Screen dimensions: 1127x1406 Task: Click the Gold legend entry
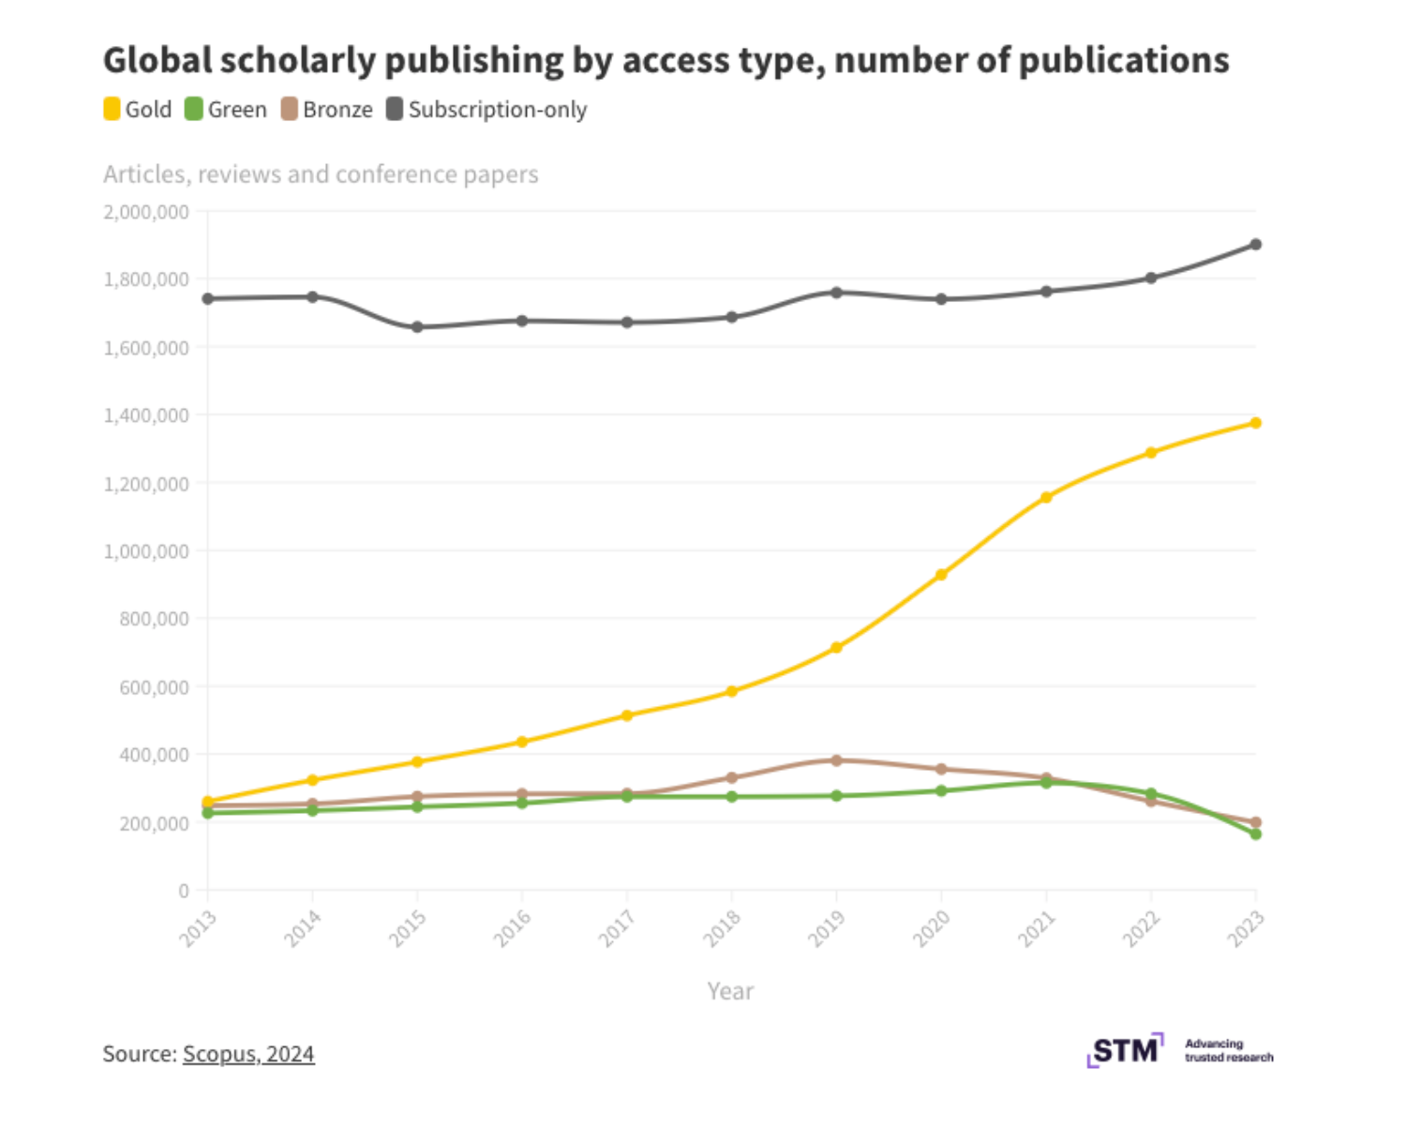click(138, 110)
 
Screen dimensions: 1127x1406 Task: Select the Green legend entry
click(226, 110)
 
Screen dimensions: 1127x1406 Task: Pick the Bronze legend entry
click(327, 110)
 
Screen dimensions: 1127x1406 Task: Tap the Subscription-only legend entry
click(486, 110)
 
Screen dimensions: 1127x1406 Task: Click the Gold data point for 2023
click(1256, 423)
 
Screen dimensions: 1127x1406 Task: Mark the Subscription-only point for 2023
click(1256, 245)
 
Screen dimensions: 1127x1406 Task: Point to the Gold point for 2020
click(941, 575)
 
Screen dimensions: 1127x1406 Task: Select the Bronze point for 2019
click(836, 760)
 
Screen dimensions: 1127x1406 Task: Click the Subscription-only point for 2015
click(417, 327)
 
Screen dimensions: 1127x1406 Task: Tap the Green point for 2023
click(1256, 834)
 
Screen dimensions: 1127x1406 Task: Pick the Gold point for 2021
click(1046, 498)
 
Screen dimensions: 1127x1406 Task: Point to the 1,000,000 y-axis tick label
click(146, 551)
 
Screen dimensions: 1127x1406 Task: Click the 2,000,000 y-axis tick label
click(146, 212)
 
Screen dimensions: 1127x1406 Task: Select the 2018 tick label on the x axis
click(723, 928)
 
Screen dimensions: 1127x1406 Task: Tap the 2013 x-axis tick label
click(199, 928)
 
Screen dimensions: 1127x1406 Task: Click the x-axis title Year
click(730, 991)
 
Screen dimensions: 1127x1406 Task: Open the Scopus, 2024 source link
click(248, 1054)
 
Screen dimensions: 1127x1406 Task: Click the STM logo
click(1125, 1050)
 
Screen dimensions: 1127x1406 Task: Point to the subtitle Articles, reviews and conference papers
click(321, 174)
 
